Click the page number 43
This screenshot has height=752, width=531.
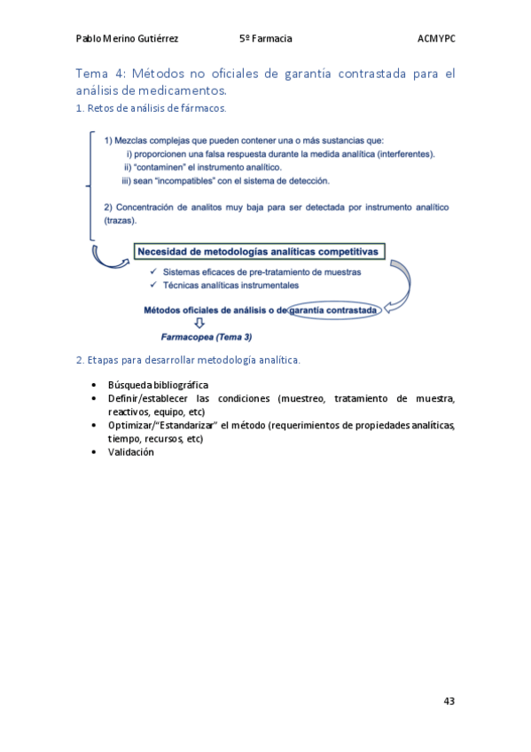click(449, 701)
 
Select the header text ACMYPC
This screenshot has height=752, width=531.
click(435, 39)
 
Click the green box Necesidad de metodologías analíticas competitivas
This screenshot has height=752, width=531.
click(258, 252)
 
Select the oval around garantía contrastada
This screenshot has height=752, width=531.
click(336, 310)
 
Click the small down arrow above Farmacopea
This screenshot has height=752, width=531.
click(199, 324)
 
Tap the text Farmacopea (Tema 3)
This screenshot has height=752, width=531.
click(206, 337)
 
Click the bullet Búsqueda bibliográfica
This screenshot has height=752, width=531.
click(158, 385)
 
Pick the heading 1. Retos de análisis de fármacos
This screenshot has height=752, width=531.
click(151, 108)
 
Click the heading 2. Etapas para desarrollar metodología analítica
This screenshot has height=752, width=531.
click(188, 360)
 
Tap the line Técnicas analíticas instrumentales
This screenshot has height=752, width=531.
click(230, 286)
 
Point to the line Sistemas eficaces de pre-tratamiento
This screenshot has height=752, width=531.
click(248, 272)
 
